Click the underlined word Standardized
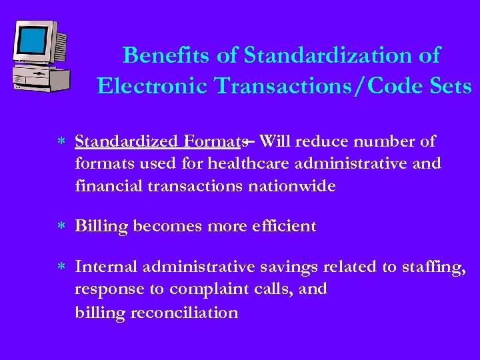pyautogui.click(x=125, y=141)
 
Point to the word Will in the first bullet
pyautogui.click(x=275, y=141)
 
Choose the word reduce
pyautogui.click(x=321, y=141)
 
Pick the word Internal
pyautogui.click(x=105, y=267)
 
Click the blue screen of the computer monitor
pyautogui.click(x=33, y=42)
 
